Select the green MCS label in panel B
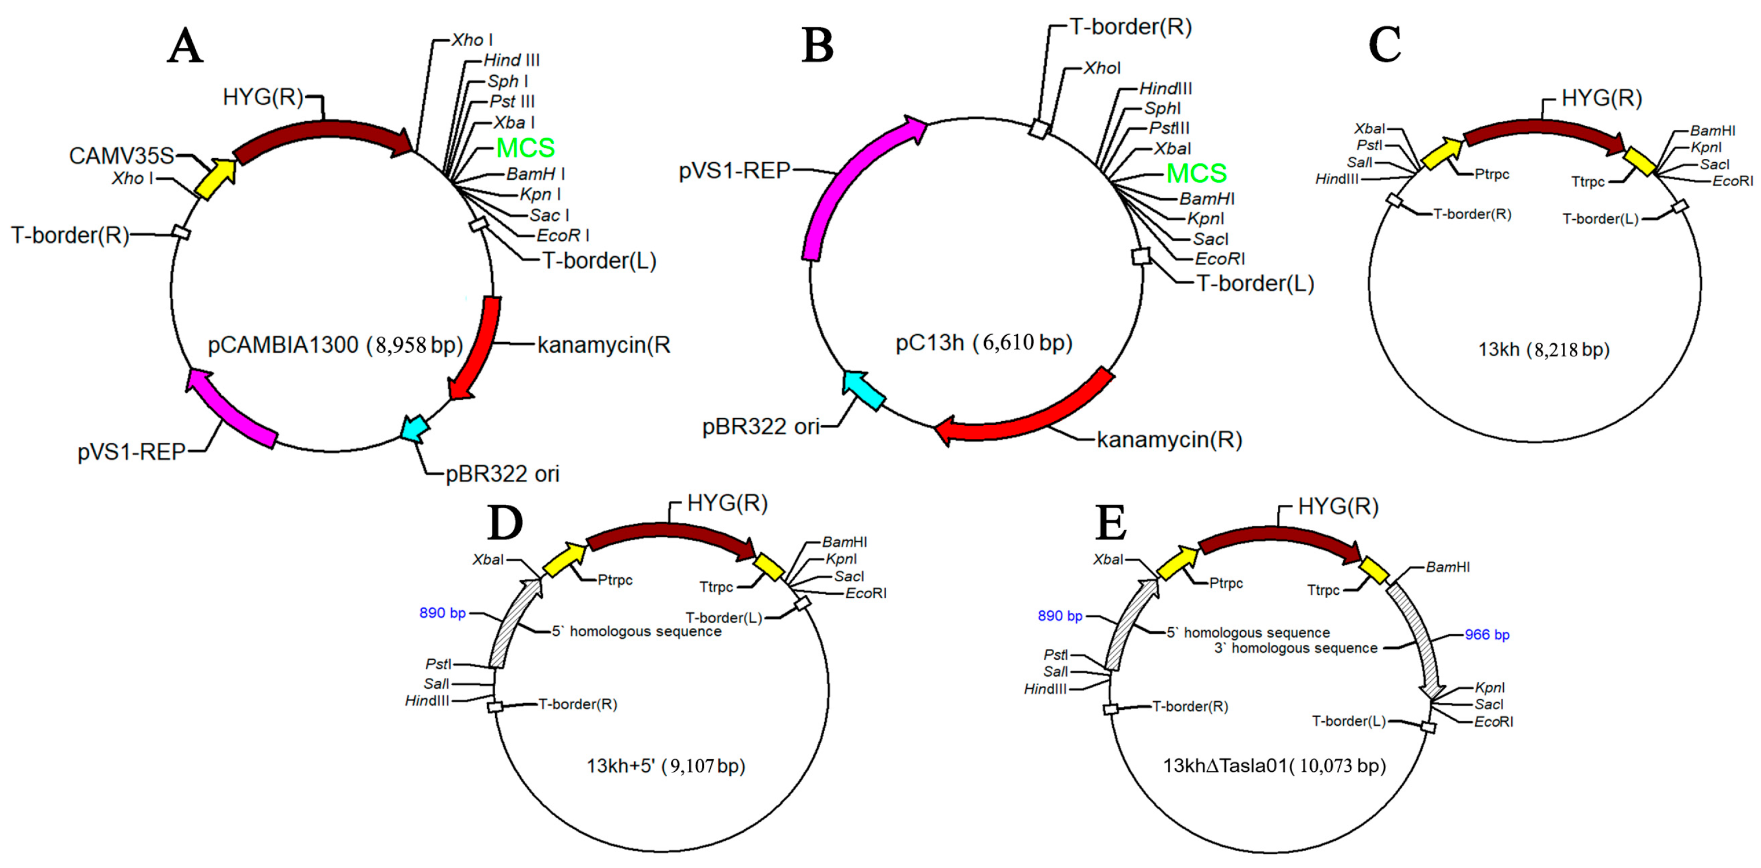1196,173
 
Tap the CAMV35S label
121,156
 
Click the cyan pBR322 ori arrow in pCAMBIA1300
415,428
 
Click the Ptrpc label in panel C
1492,174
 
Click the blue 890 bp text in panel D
442,613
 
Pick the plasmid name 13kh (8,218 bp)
1544,349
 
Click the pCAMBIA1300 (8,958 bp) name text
335,344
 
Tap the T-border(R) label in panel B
1130,27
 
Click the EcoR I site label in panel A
562,236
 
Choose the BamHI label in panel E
1447,567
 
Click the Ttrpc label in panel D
716,587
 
